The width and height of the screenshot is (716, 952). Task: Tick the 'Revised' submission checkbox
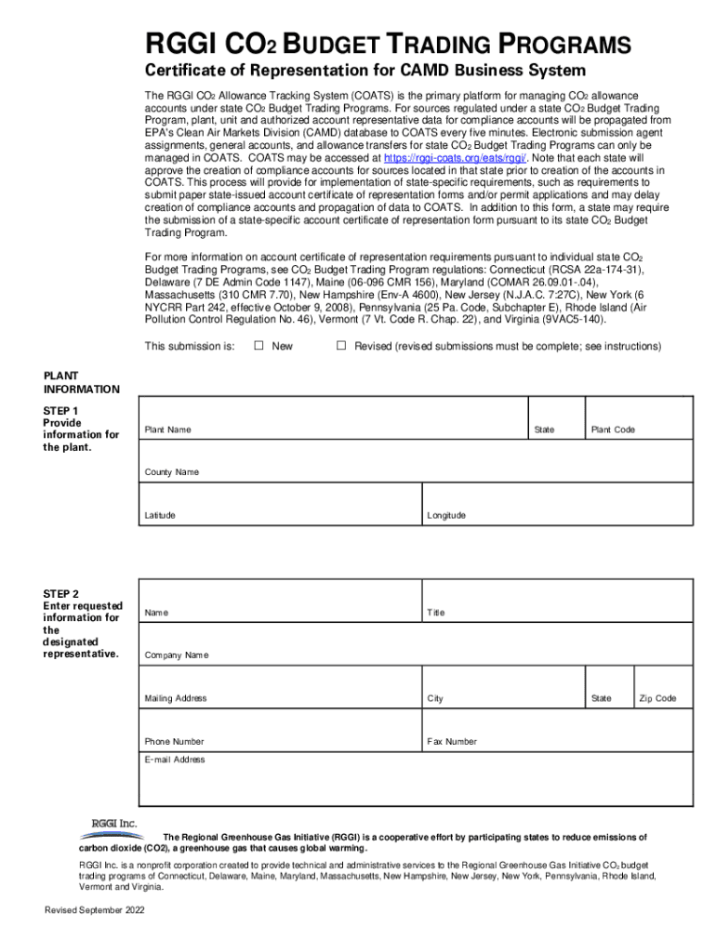coord(340,346)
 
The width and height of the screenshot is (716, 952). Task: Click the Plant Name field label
coord(167,430)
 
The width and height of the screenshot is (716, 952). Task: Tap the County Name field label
coord(171,472)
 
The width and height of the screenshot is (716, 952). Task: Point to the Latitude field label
coord(160,515)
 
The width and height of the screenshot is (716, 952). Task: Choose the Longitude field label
coord(446,515)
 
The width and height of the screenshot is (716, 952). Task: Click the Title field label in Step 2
coord(436,613)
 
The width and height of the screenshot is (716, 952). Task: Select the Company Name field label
coord(177,655)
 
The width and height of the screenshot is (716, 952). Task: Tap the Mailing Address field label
coord(176,698)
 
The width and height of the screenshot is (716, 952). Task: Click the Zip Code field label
coord(657,698)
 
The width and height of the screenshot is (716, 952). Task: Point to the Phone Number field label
coord(174,742)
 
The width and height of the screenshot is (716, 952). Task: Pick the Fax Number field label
coord(452,742)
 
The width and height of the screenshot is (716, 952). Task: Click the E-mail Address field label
coord(175,760)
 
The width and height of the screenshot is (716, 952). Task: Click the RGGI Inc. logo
coord(114,824)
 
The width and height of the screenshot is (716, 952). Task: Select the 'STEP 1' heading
coord(61,410)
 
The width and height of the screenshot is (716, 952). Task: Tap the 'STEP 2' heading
coord(61,594)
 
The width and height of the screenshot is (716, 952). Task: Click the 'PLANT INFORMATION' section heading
coord(81,382)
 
